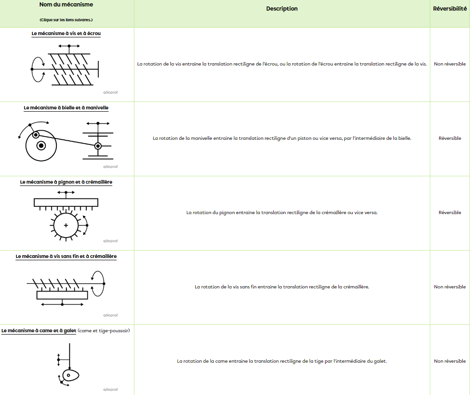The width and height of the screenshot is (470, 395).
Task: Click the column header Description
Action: pos(282,9)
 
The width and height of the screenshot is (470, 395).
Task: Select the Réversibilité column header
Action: pos(450,9)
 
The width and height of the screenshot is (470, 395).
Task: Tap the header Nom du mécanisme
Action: pos(66,5)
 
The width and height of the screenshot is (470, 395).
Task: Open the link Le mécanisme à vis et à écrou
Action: pos(66,34)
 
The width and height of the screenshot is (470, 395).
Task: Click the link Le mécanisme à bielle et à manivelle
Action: pos(66,108)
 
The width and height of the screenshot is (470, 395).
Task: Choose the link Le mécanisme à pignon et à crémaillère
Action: pos(66,182)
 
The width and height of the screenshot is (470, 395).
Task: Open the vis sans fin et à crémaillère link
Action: pos(66,257)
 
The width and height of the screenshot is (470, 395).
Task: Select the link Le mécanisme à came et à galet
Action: pos(39,331)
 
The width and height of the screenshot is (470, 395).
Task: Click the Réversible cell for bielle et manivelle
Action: pos(450,138)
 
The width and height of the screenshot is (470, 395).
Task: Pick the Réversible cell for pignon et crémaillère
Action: pos(450,213)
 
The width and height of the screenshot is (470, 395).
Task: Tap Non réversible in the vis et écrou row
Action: pos(450,64)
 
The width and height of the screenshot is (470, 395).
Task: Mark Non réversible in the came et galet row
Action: pos(450,361)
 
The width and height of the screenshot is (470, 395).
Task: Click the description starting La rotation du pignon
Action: pos(282,213)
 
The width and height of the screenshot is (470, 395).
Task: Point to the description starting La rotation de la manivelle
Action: pos(282,138)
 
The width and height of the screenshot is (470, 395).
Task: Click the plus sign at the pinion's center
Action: pos(66,225)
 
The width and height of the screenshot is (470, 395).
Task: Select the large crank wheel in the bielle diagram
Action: pos(42,146)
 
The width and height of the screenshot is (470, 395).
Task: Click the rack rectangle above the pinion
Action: pos(66,202)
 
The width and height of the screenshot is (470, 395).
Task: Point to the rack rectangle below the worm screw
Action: pos(62,295)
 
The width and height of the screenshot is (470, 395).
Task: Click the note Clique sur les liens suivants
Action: pos(66,20)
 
